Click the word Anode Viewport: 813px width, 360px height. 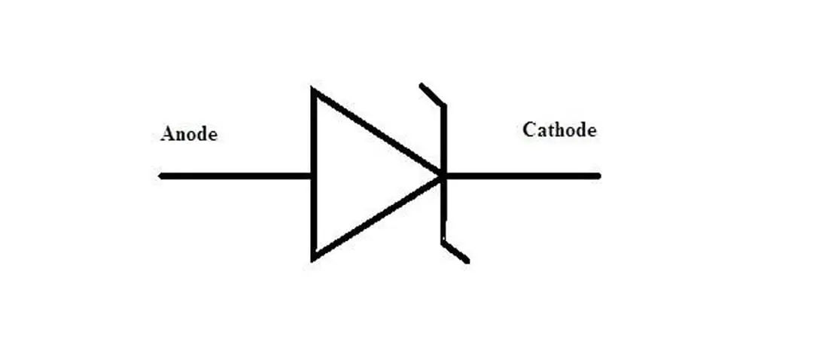coord(188,135)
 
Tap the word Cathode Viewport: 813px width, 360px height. coord(559,130)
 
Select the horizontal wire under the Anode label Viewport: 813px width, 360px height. coord(233,176)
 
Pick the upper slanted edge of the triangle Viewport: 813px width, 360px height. coord(376,133)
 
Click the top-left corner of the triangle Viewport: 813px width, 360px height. coord(314,91)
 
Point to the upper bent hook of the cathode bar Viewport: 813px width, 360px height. coord(431,93)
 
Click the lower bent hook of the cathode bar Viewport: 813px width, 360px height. coord(456,252)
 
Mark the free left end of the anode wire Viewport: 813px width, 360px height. coord(162,176)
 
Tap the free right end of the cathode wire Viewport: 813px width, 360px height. coord(598,176)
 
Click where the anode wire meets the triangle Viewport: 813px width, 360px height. coord(312,176)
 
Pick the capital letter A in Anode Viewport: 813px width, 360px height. coord(167,135)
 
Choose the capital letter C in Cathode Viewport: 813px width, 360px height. coord(529,130)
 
